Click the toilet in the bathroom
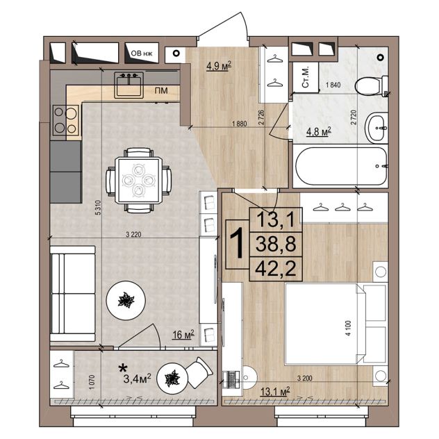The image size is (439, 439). click(371, 85)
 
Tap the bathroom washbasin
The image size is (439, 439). click(376, 128)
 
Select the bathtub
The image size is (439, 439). click(341, 166)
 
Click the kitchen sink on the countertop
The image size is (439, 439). click(129, 85)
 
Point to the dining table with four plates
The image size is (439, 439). click(138, 180)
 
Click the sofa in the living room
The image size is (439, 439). click(73, 294)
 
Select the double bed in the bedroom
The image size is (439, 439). click(336, 324)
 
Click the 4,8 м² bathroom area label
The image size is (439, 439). click(319, 131)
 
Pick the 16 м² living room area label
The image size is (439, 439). click(183, 334)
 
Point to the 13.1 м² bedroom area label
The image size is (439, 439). click(275, 392)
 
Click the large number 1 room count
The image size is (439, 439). click(237, 243)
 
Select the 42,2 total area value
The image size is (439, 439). click(276, 269)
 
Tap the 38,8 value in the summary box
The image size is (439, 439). click(276, 244)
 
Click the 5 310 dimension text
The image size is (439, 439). click(98, 208)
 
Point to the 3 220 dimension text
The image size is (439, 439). click(133, 234)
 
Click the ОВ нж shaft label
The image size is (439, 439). click(142, 53)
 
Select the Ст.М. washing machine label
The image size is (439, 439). click(306, 77)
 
